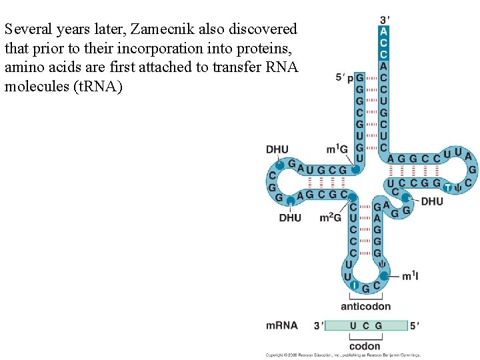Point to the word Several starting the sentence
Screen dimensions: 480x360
pos(27,30)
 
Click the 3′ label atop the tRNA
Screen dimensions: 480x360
pos(385,19)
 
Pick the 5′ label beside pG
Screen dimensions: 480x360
pos(341,77)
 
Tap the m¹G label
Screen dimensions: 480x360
pos(337,148)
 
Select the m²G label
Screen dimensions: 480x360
pos(331,217)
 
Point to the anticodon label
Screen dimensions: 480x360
pos(365,307)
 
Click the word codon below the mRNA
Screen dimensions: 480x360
pos(365,346)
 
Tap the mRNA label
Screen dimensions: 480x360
pos(281,325)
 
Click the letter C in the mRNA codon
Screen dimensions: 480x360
pos(365,325)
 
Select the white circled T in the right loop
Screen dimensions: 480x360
pos(448,187)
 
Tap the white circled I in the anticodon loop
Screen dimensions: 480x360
pos(355,287)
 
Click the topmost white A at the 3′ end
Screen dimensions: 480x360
pos(383,31)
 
